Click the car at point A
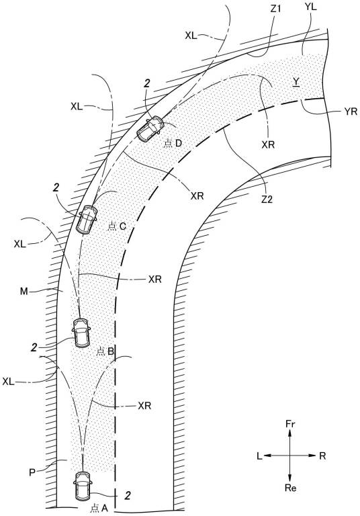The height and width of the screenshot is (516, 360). (82, 486)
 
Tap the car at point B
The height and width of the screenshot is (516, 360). (82, 333)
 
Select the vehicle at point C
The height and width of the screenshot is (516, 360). (87, 219)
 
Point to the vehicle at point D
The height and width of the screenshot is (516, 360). (150, 129)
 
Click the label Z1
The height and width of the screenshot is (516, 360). (275, 9)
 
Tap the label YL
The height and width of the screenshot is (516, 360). (311, 7)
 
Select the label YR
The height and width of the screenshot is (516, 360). (351, 112)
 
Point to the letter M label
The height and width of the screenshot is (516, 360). (24, 291)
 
